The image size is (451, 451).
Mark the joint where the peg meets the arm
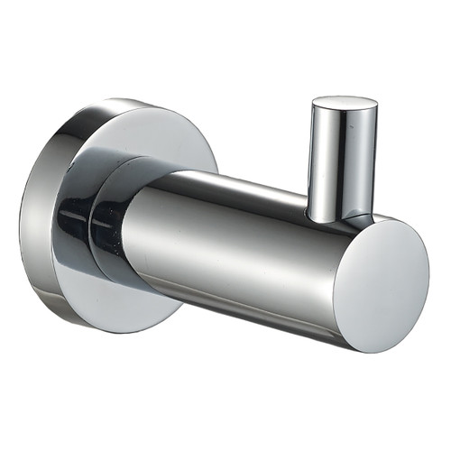pos(337,217)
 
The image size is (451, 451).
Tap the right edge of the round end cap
pos(428,271)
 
